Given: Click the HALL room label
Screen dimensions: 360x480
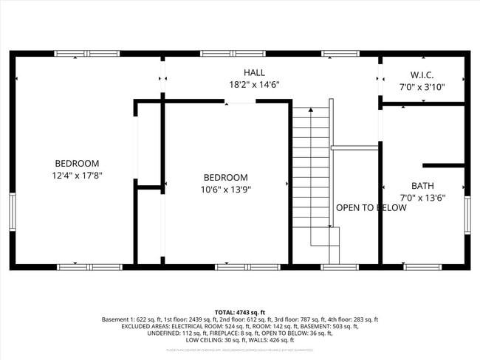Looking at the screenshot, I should [x=254, y=72].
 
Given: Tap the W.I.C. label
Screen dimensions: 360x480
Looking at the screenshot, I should [x=422, y=75].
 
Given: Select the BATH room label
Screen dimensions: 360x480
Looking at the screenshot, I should [x=422, y=186].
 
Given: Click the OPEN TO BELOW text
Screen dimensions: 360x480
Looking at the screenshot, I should [x=371, y=208].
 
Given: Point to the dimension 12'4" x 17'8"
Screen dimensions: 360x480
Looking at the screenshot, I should [x=77, y=176].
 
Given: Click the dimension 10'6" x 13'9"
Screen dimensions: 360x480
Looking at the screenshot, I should [x=225, y=190].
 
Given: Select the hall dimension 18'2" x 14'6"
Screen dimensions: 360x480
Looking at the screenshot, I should [x=254, y=85].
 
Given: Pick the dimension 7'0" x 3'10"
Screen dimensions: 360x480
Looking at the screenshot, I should [x=422, y=87].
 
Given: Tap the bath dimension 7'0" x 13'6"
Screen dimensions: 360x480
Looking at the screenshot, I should [x=422, y=198].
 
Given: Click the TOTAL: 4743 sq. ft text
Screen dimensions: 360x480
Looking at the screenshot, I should [x=240, y=313].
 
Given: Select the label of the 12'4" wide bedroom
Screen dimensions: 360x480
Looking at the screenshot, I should [x=77, y=163].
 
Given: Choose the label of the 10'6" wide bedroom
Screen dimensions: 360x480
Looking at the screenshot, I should [x=225, y=178].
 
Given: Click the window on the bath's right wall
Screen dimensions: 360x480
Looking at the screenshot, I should [x=467, y=215].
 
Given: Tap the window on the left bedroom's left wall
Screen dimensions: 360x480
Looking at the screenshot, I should [x=12, y=212].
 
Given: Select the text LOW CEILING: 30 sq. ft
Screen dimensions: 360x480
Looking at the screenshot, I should [x=216, y=340].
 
